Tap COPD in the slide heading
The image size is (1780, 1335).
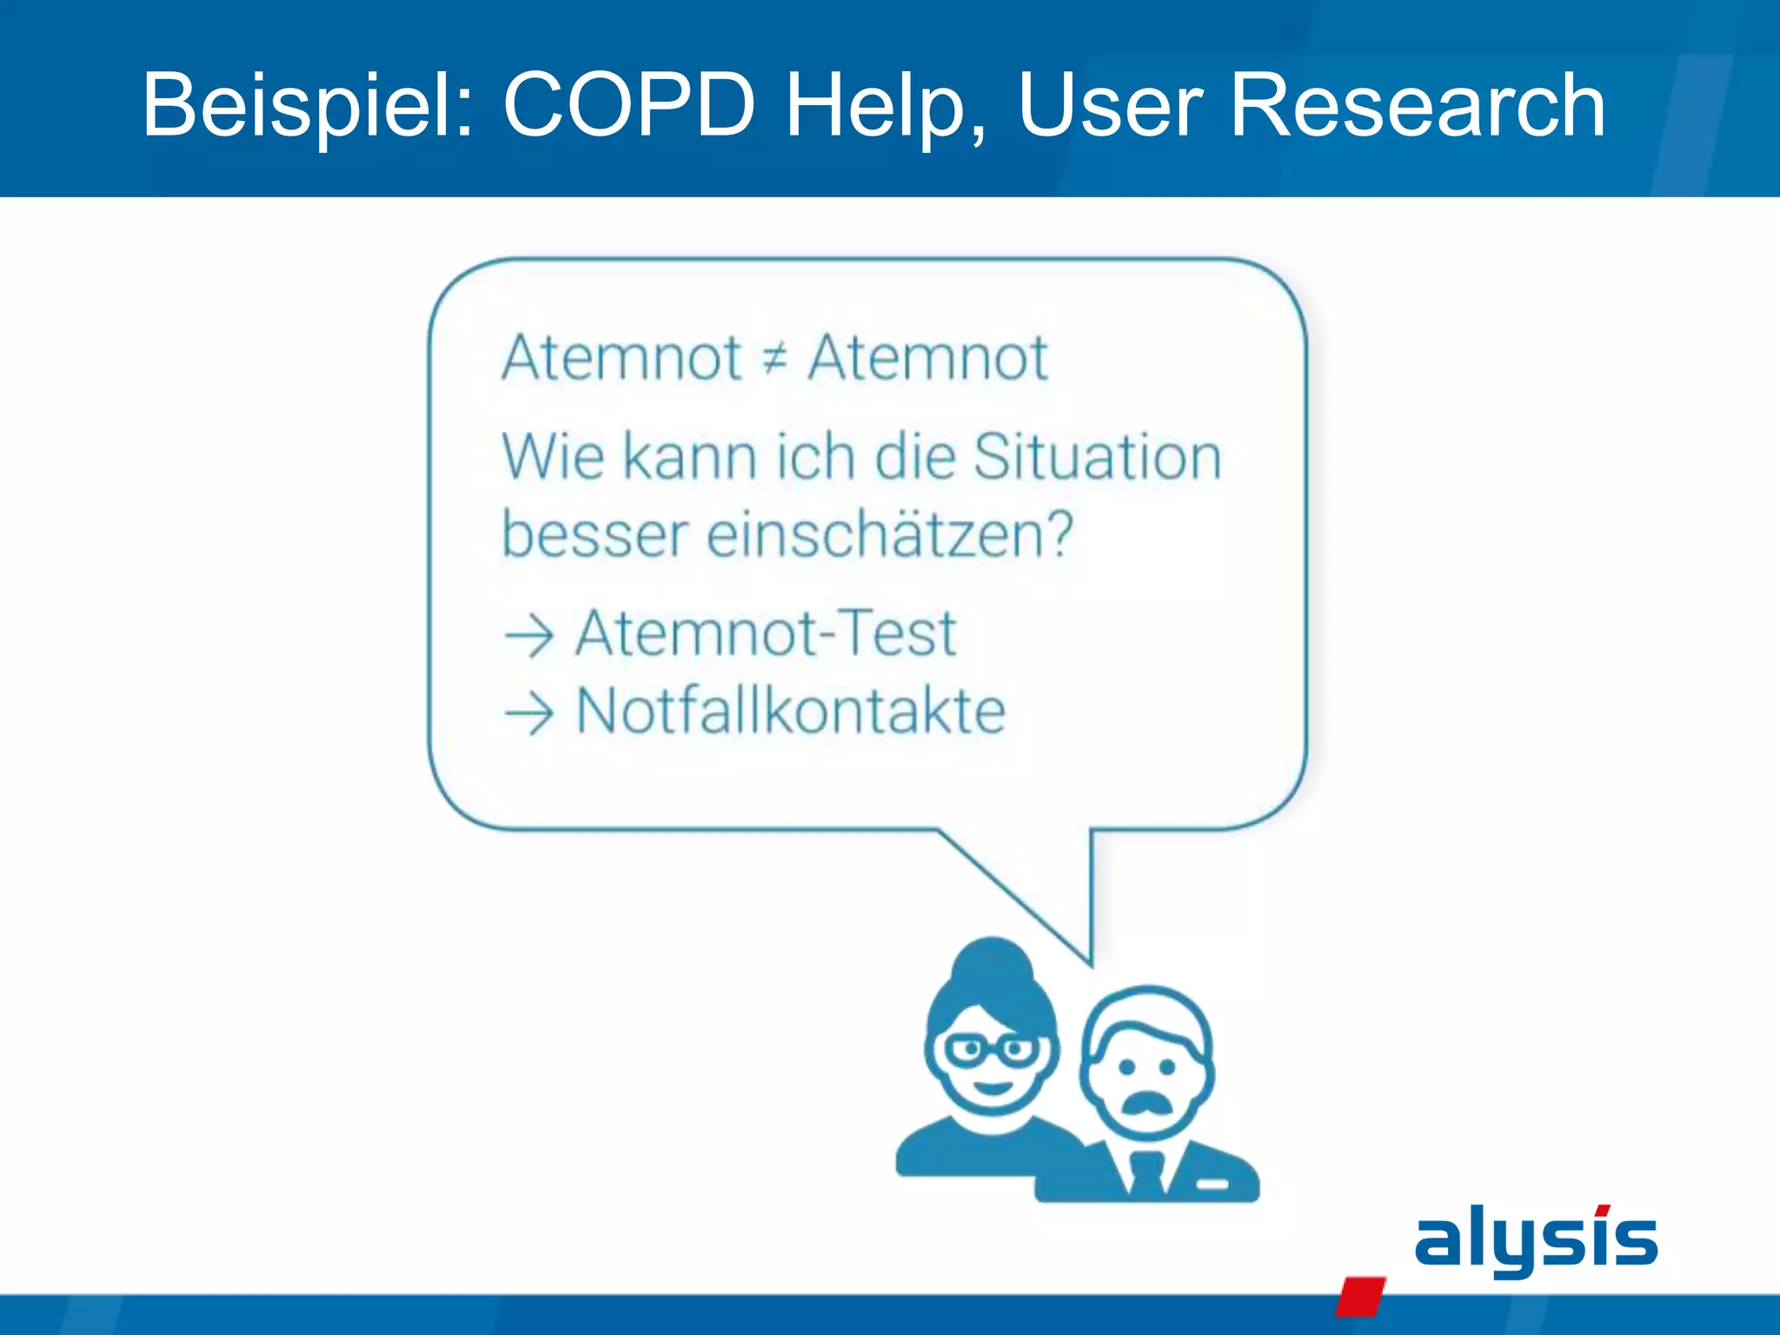[629, 106]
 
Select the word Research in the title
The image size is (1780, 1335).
[1418, 106]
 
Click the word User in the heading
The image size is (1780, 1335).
[1110, 106]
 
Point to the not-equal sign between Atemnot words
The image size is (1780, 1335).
[774, 358]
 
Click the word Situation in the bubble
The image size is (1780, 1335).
[1097, 457]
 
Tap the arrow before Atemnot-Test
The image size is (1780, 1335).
[529, 635]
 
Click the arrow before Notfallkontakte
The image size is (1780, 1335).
[529, 714]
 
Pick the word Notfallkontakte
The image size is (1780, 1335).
[791, 712]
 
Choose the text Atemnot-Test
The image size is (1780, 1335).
[766, 634]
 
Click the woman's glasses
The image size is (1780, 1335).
[990, 1051]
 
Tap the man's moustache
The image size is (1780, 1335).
[1148, 1102]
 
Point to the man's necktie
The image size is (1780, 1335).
[1146, 1173]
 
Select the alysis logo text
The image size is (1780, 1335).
[1536, 1239]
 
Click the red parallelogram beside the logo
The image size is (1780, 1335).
[1360, 1295]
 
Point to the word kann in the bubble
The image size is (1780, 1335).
[689, 457]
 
